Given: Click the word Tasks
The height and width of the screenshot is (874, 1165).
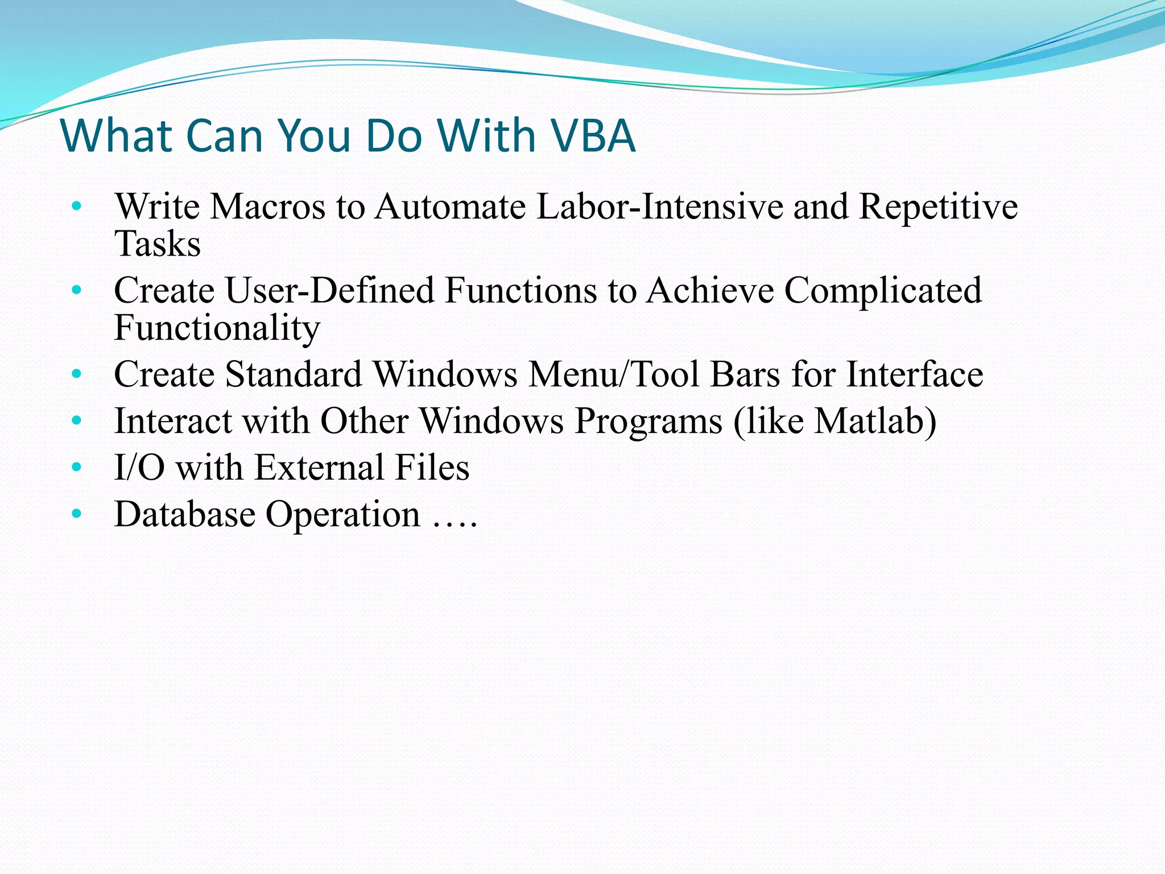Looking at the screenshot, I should point(158,244).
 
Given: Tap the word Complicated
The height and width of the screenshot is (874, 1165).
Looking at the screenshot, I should point(883,290).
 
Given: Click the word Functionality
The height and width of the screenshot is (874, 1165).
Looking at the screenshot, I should point(217,328).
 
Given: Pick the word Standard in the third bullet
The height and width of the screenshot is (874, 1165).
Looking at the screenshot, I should point(294,374).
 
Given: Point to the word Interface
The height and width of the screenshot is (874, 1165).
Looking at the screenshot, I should point(914,374).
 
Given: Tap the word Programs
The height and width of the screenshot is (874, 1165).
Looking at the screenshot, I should point(648,422).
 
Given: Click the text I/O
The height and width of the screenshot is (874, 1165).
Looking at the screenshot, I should point(139,468).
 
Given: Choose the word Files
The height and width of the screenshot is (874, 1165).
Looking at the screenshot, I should point(432,468).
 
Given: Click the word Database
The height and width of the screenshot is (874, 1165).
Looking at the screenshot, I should point(185,514).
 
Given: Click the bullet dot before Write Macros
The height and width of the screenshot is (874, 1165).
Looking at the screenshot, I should point(77,207).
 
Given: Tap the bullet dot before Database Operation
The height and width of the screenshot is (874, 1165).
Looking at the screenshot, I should point(77,514).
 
